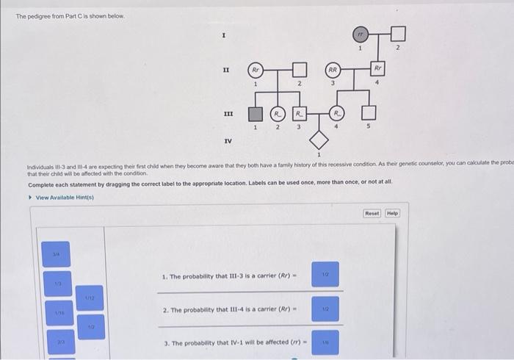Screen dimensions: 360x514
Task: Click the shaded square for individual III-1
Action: click(x=254, y=114)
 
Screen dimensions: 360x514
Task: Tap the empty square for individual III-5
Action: click(x=370, y=114)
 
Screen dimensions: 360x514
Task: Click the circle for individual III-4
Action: click(x=336, y=114)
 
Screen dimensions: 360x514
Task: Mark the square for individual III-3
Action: click(x=299, y=114)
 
